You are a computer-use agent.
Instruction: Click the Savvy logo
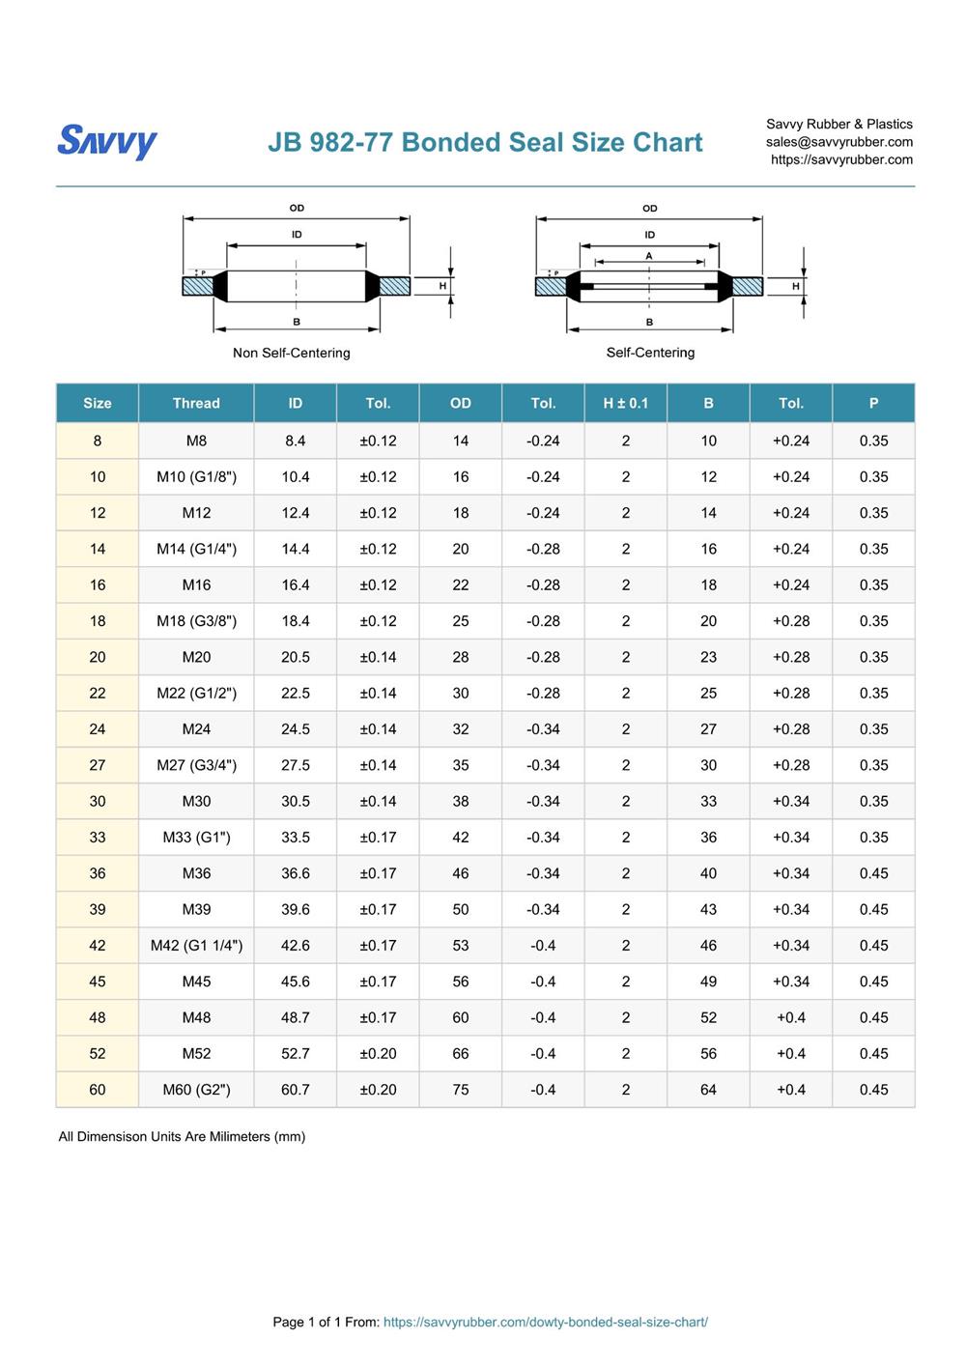coord(106,141)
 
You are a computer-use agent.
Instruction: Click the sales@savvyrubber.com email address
coord(838,142)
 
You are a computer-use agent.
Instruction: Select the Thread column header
coord(196,403)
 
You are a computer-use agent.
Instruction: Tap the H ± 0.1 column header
coord(625,403)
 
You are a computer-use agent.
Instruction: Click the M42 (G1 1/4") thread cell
coord(196,945)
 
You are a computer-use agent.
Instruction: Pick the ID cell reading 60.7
coord(295,1089)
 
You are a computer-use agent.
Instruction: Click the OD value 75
coord(460,1089)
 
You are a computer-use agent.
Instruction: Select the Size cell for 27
coord(98,765)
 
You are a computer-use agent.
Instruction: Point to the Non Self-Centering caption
coord(291,353)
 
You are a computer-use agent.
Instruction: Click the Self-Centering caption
coord(650,353)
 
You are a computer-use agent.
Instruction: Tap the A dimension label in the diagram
coord(649,256)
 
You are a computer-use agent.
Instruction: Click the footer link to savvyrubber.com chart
coord(545,1322)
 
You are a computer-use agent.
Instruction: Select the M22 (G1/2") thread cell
coord(196,693)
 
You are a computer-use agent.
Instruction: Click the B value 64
coord(708,1089)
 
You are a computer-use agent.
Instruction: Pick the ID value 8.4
coord(295,441)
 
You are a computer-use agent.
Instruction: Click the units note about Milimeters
coord(182,1136)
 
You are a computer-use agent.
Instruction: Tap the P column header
coord(873,403)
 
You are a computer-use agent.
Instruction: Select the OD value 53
coord(460,945)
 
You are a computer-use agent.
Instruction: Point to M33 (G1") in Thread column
coord(196,837)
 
